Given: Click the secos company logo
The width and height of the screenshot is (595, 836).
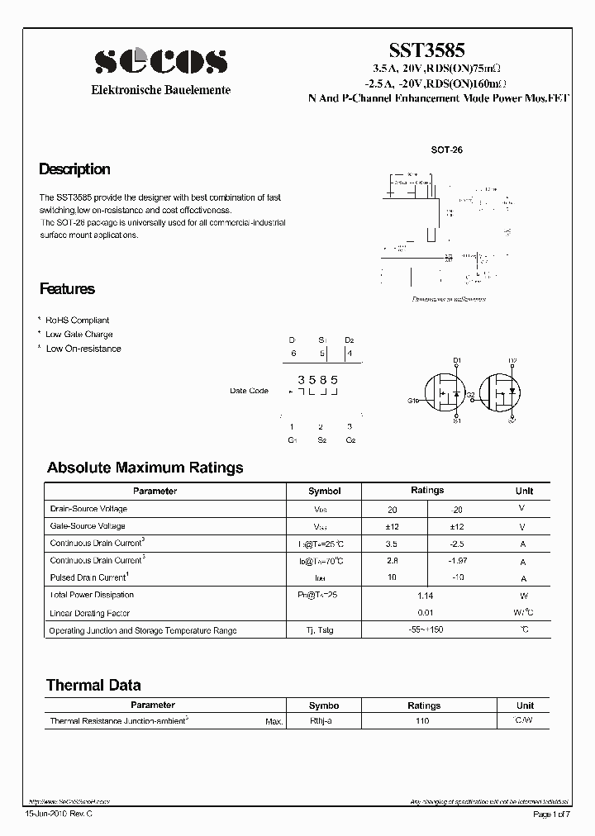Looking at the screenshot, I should (x=160, y=61).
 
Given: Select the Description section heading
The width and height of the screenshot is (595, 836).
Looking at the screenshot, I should (x=74, y=169).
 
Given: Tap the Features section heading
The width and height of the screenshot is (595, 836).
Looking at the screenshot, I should (x=67, y=289).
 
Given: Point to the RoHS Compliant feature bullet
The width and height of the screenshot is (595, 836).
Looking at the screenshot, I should (x=77, y=321).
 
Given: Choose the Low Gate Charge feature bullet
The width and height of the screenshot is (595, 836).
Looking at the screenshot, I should (x=79, y=335).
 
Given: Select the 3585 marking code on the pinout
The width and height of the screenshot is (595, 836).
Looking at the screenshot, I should (x=318, y=379).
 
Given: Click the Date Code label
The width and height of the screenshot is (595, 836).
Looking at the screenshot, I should (x=249, y=391).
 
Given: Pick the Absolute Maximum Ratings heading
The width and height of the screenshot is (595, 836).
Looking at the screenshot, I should (x=145, y=468).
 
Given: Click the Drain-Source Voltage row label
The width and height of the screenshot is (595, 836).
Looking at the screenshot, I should (x=88, y=509).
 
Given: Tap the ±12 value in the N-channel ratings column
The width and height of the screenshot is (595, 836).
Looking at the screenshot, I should (x=392, y=526).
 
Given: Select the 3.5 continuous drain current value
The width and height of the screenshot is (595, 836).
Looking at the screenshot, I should (x=392, y=544).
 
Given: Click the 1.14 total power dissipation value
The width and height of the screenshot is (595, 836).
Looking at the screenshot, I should (x=425, y=596).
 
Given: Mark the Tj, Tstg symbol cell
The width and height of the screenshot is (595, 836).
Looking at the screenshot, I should (x=324, y=630).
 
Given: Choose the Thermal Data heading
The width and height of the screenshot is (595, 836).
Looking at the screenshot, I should (x=93, y=685).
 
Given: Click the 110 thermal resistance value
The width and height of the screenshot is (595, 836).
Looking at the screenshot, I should (x=423, y=721).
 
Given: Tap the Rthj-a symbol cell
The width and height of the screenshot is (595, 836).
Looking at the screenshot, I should (x=323, y=721).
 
